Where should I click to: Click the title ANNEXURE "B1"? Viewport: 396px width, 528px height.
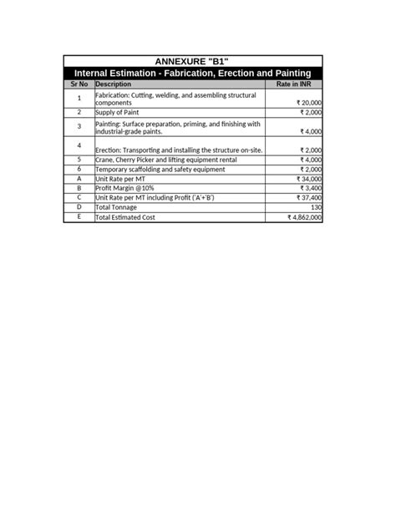point(192,62)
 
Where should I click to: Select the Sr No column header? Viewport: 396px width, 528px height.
point(79,84)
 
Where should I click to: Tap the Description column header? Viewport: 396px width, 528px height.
point(114,84)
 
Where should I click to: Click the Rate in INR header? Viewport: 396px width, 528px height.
point(293,84)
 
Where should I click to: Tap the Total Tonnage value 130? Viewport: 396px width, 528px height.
point(316,207)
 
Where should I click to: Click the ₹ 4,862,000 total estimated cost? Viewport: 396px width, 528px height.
point(305,217)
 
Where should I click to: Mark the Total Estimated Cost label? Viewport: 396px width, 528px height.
point(125,217)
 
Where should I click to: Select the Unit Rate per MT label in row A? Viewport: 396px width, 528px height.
point(124,179)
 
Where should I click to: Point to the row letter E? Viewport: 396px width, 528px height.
point(79,216)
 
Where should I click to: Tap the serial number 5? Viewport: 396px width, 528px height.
point(79,159)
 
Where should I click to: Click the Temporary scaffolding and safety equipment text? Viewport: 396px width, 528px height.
point(160,169)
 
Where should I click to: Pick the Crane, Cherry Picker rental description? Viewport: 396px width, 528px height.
point(166,160)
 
